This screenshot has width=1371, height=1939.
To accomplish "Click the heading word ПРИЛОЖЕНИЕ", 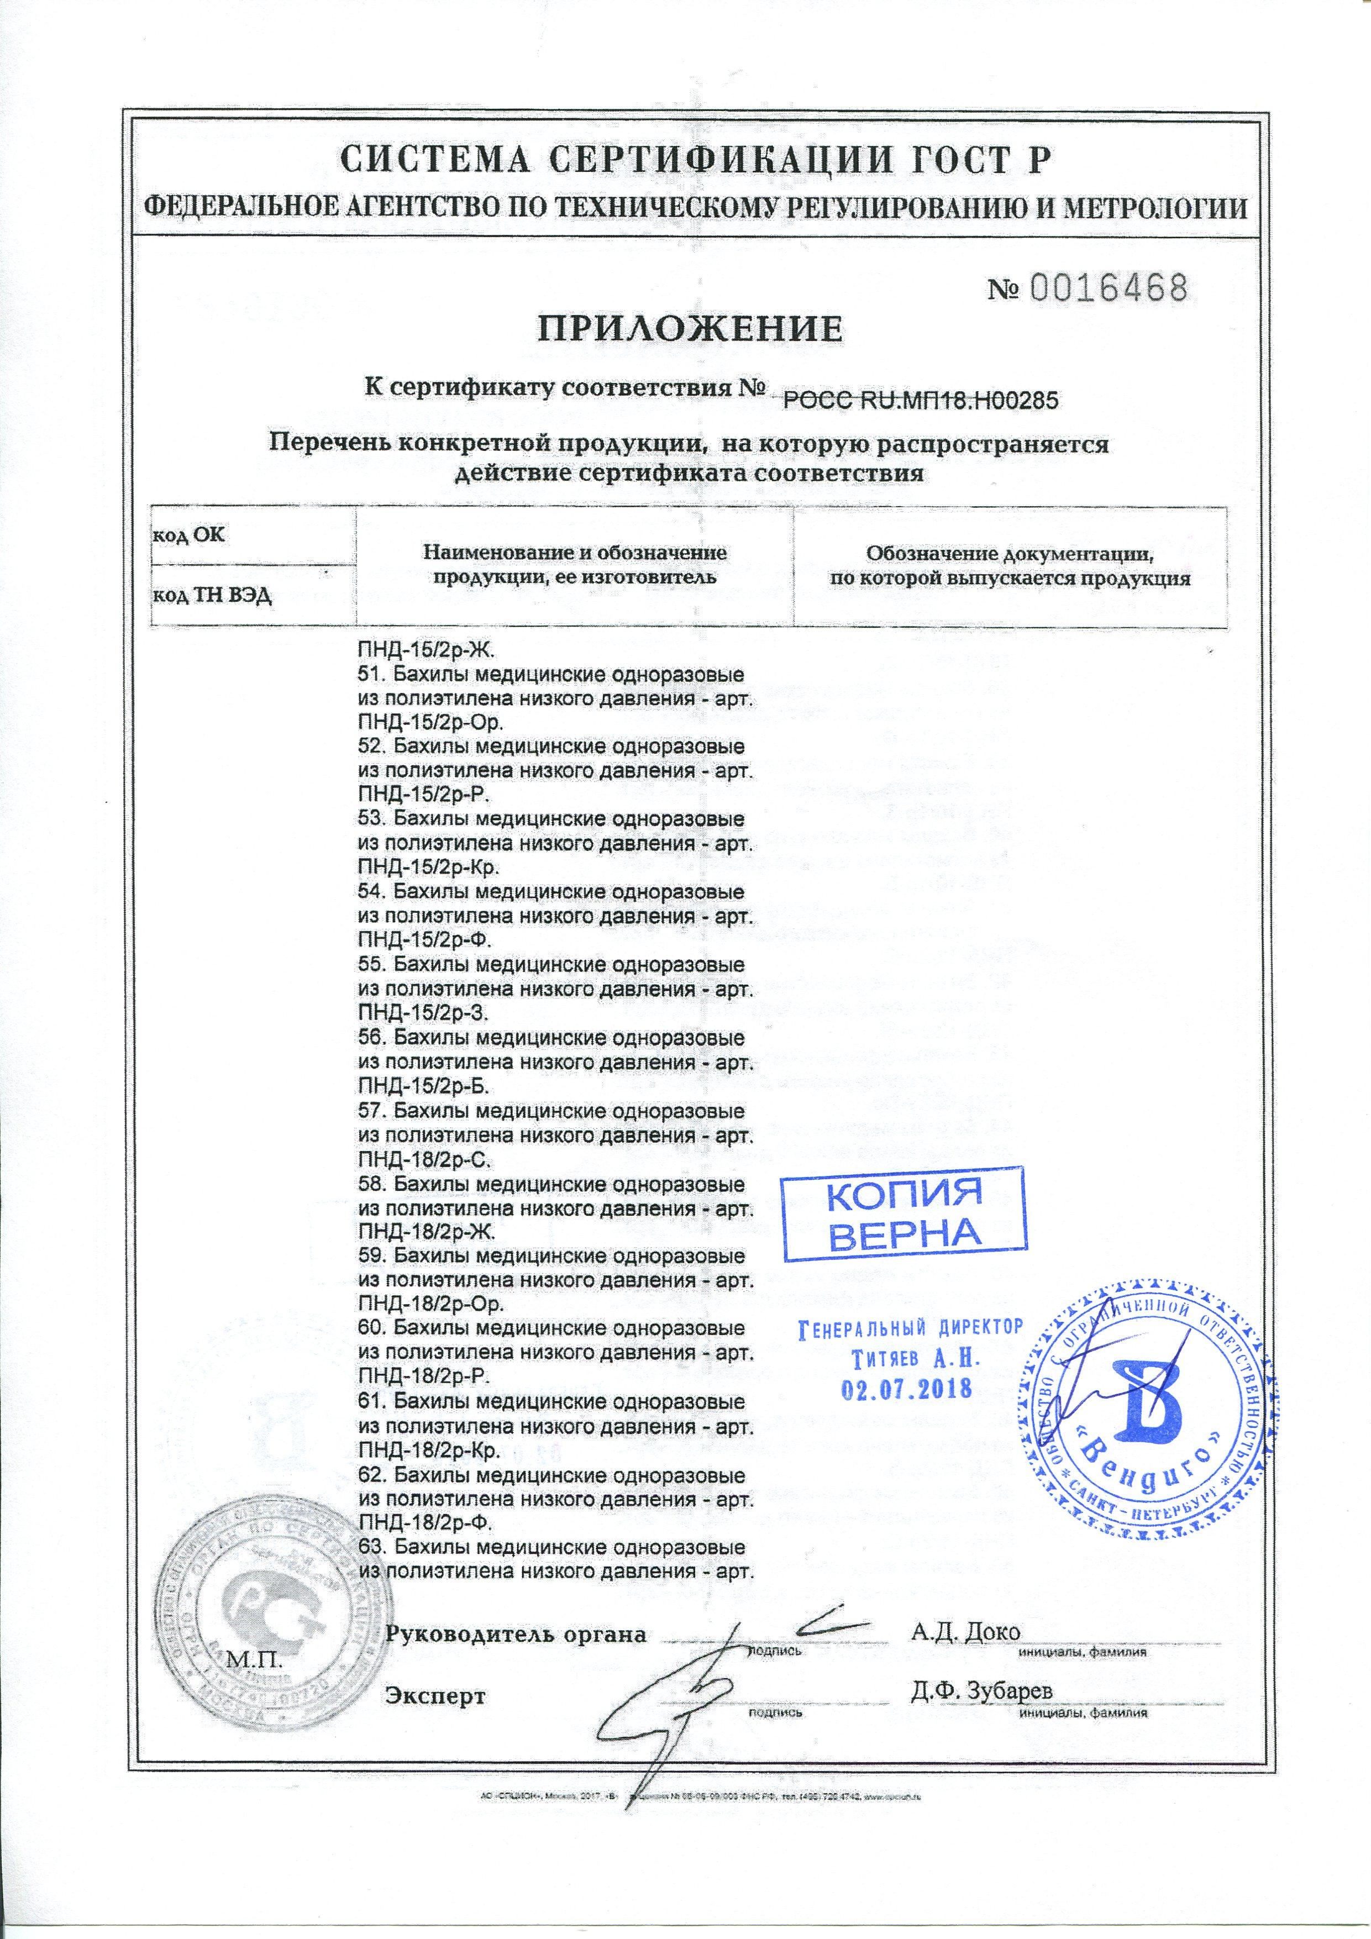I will point(691,328).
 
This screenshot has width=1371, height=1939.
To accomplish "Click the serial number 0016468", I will point(1107,290).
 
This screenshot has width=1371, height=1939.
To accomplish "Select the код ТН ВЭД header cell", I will point(212,595).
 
